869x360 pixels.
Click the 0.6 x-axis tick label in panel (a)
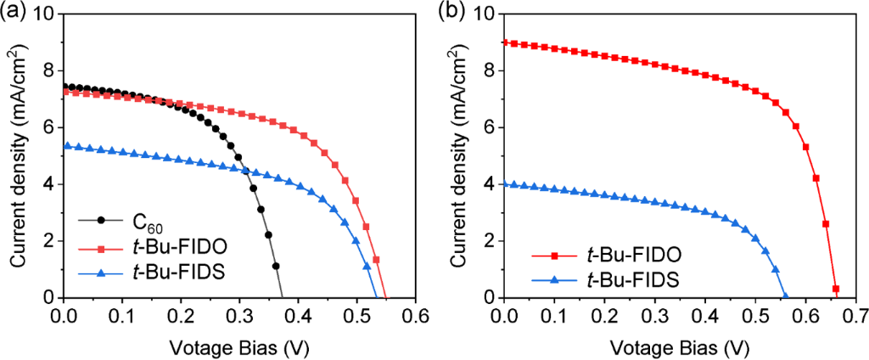pos(414,316)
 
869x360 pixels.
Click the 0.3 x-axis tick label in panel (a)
pos(239,316)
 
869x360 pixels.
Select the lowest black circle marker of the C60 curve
pos(276,266)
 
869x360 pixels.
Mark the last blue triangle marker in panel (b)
pos(784,296)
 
